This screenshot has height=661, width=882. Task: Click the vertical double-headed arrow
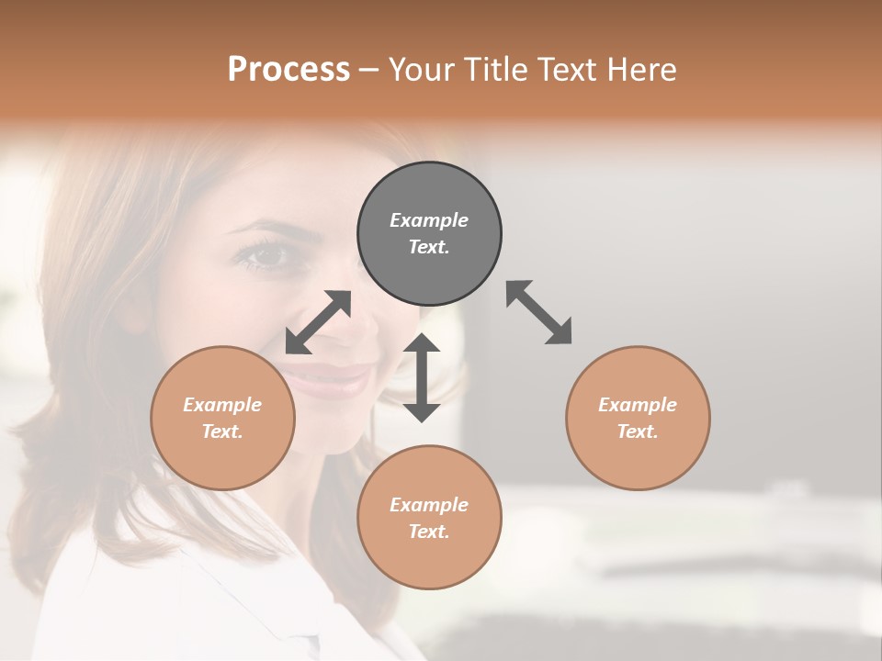tap(422, 377)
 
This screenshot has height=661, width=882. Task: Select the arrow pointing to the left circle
tap(318, 322)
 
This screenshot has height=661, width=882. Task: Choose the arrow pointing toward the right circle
tap(539, 312)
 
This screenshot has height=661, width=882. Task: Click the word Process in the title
tap(288, 69)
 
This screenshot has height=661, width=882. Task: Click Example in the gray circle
tap(429, 220)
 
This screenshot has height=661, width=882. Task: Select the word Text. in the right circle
tap(638, 431)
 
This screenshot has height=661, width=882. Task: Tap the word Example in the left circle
tap(222, 405)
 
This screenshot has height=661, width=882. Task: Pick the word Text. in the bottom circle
tap(429, 532)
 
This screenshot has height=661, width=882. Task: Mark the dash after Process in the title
tap(369, 70)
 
